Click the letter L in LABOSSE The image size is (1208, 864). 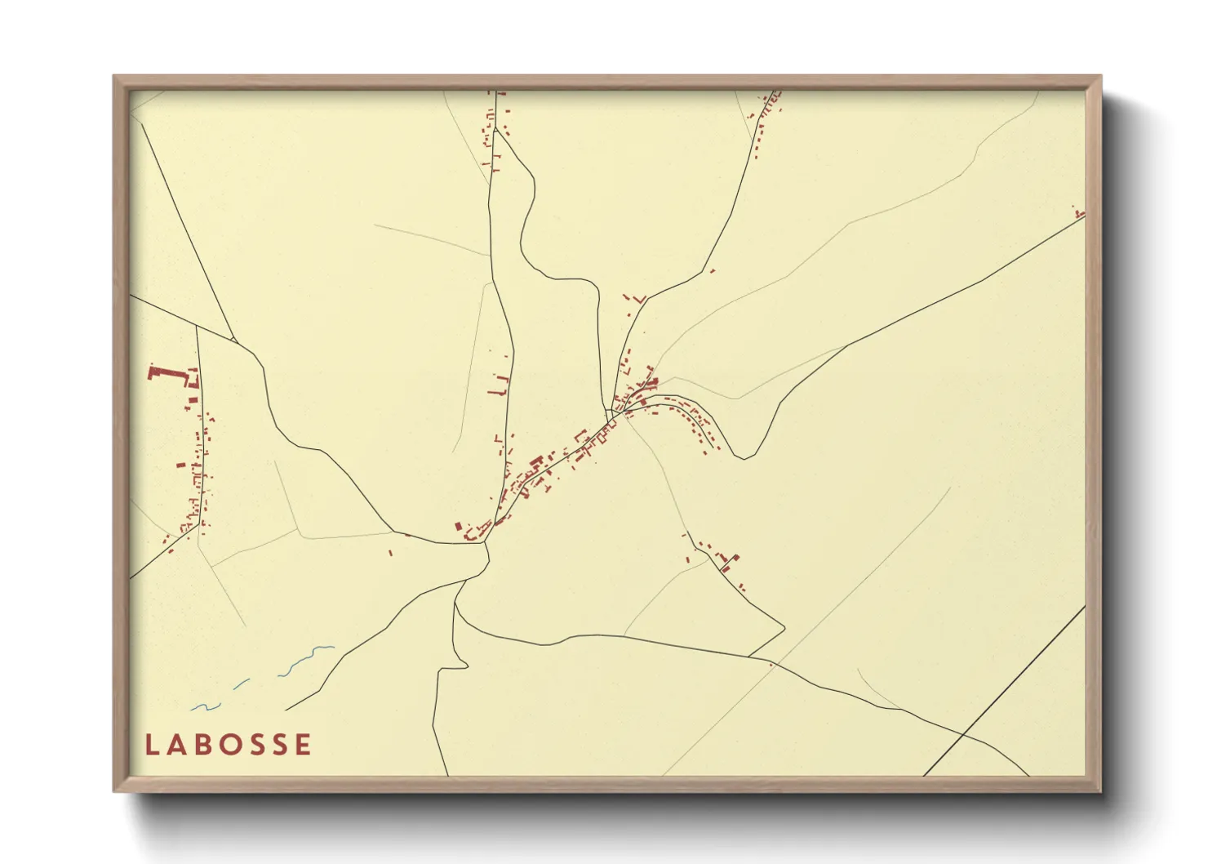coord(151,745)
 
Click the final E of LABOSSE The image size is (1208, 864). coord(304,745)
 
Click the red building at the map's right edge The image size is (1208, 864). coord(1080,215)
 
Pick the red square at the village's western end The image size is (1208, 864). coord(459,527)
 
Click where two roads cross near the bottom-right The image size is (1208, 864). coord(963,735)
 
